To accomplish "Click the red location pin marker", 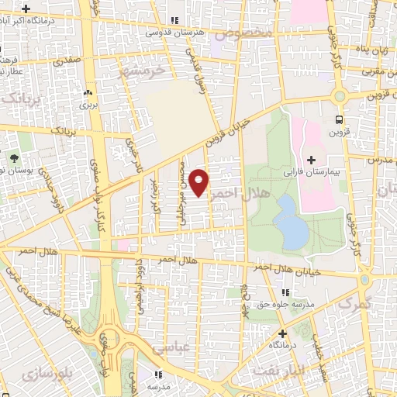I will [199, 181].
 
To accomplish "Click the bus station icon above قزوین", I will [339, 119].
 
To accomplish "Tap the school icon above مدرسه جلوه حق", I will [285, 292].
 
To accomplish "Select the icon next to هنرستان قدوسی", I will [175, 21].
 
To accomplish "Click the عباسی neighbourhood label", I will [171, 350].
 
